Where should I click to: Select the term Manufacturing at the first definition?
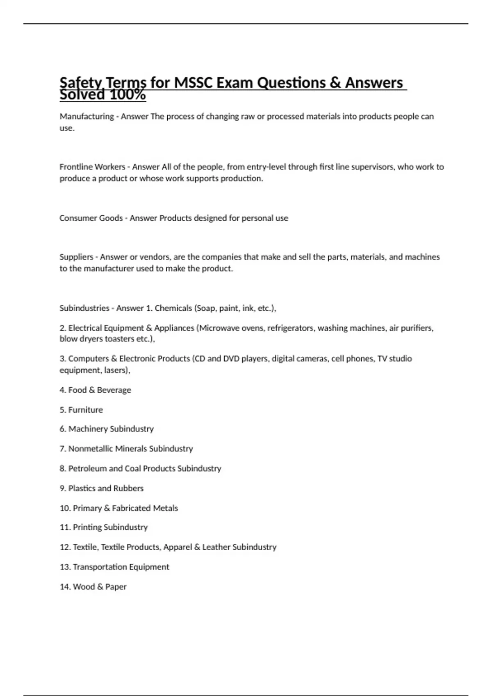tap(87, 117)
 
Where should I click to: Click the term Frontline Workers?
tap(92, 167)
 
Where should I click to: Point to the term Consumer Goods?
tap(91, 218)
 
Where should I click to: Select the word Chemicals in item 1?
tap(173, 308)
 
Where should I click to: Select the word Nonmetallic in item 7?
tap(90, 449)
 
